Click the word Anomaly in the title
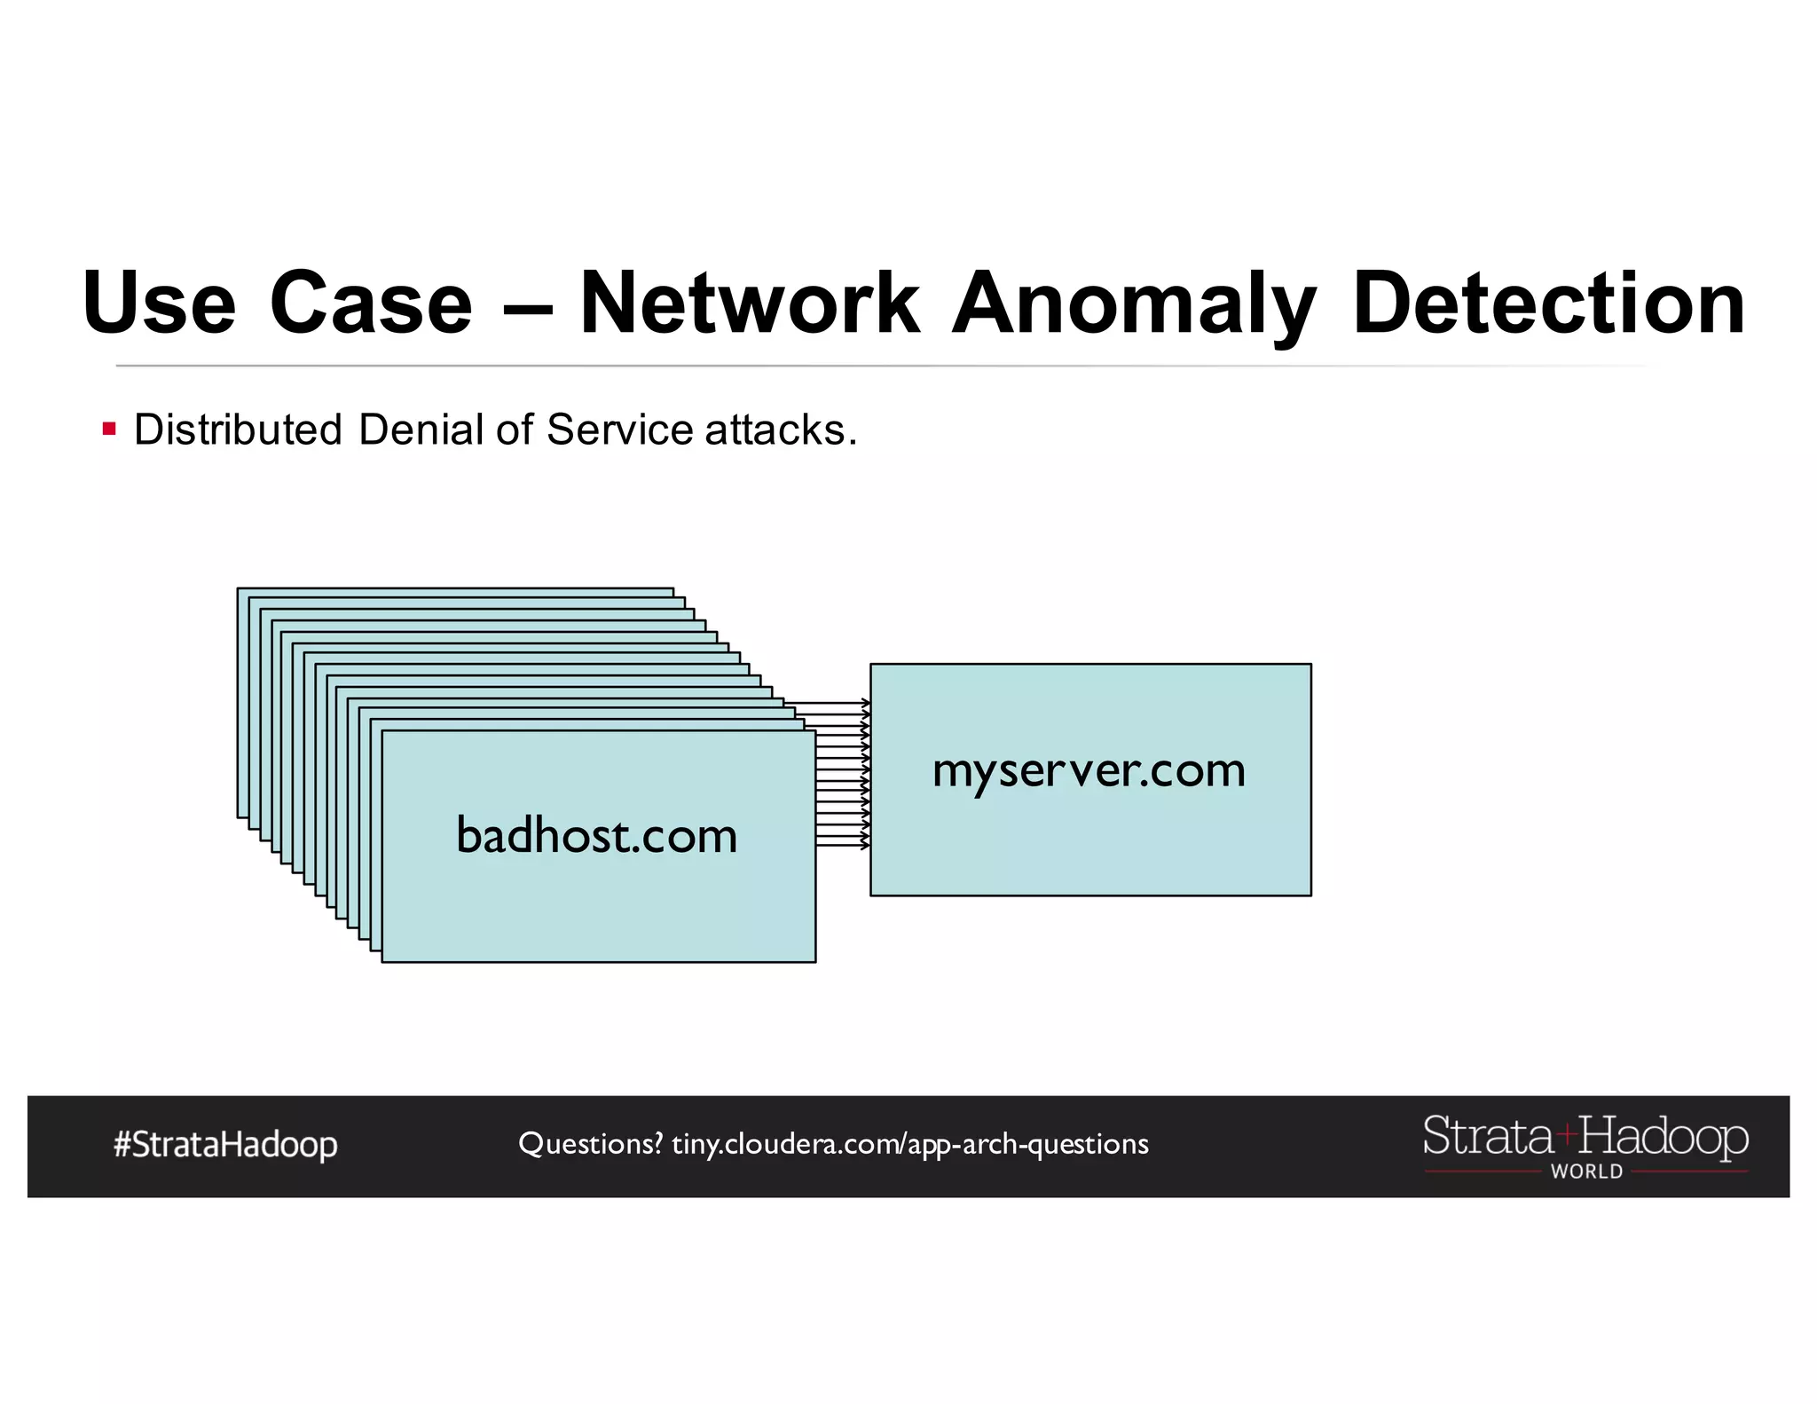pyautogui.click(x=1134, y=304)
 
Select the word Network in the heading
pyautogui.click(x=750, y=304)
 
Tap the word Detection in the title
pyautogui.click(x=1548, y=304)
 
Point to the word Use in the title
pyautogui.click(x=159, y=304)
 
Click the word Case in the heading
pyautogui.click(x=371, y=304)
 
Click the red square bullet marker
pyautogui.click(x=109, y=430)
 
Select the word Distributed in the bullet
pyautogui.click(x=238, y=430)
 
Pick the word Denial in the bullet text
pyautogui.click(x=421, y=430)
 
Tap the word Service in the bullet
pyautogui.click(x=619, y=430)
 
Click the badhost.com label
pyautogui.click(x=596, y=836)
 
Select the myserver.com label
pyautogui.click(x=1089, y=770)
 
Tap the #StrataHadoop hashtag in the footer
pyautogui.click(x=225, y=1145)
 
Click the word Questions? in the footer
pyautogui.click(x=590, y=1144)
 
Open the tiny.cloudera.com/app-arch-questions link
pyautogui.click(x=910, y=1144)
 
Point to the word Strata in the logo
pyautogui.click(x=1487, y=1136)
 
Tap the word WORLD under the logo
pyautogui.click(x=1586, y=1171)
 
